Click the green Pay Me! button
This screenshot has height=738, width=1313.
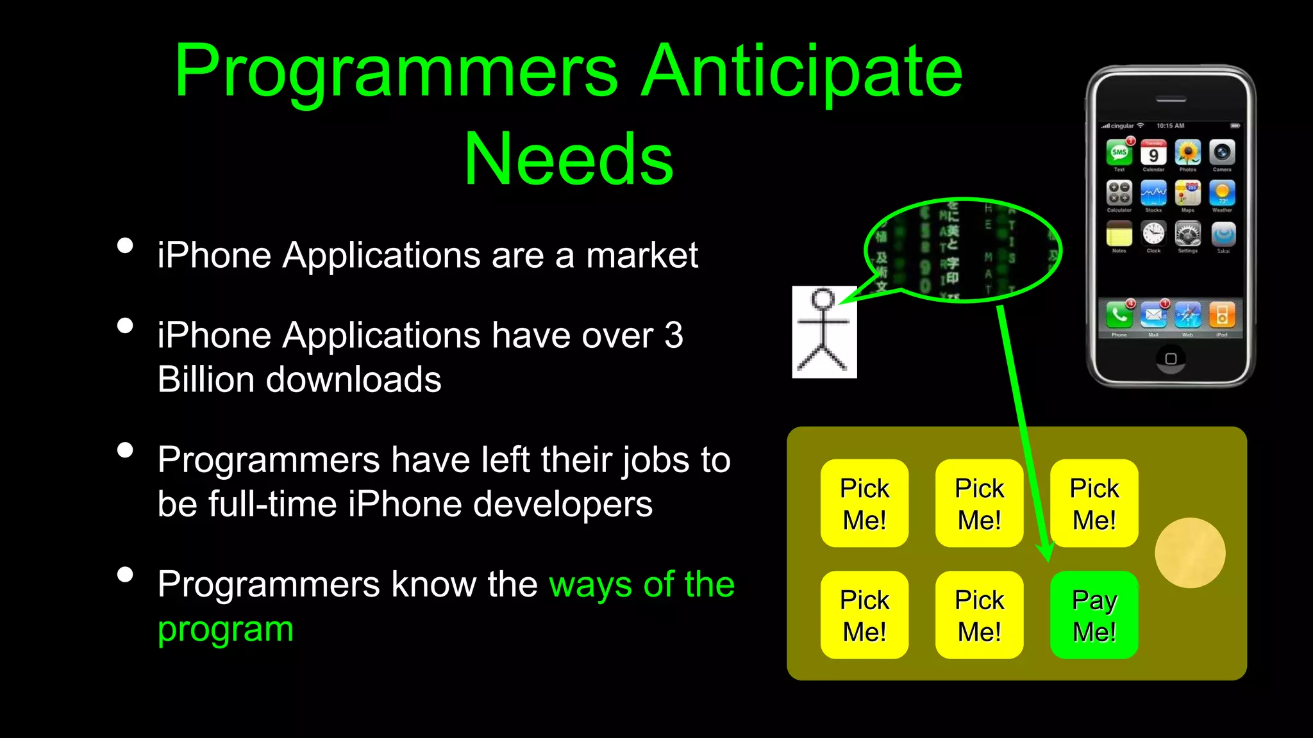1094,615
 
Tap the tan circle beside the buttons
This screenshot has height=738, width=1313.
1190,553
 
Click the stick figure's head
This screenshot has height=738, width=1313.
823,299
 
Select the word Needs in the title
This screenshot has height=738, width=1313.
569,158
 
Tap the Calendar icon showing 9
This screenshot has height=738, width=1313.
1153,153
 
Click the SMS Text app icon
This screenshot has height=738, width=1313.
1119,153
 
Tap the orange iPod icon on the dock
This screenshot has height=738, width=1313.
1222,315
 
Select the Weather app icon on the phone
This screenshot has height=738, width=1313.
1222,193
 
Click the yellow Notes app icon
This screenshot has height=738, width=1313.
1119,234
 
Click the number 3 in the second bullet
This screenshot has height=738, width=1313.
674,335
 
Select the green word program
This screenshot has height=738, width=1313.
226,629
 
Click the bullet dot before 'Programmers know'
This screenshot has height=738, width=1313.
126,574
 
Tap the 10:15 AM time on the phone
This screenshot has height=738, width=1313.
1170,126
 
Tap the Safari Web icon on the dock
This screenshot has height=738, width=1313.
1187,315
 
